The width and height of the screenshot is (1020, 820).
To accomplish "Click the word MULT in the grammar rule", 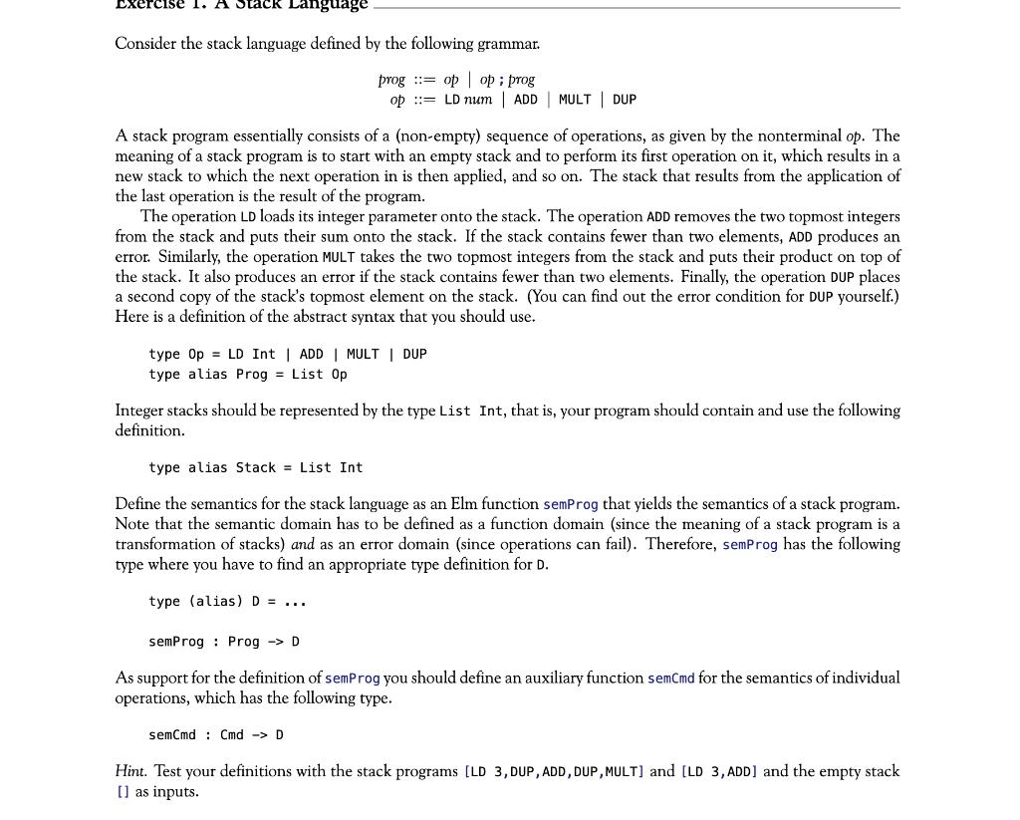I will click(x=575, y=100).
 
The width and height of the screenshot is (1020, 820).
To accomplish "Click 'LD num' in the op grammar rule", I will click(x=468, y=100).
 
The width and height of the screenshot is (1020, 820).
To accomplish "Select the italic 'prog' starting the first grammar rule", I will click(x=391, y=80).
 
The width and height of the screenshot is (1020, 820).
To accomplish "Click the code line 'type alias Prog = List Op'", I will click(x=248, y=375).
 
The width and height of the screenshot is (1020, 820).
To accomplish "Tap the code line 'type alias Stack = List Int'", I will click(x=255, y=467).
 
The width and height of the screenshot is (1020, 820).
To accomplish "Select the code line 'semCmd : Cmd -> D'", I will click(x=216, y=735).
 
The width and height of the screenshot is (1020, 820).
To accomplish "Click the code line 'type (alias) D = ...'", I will click(x=227, y=602).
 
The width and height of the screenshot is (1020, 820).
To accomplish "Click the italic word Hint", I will click(x=130, y=771).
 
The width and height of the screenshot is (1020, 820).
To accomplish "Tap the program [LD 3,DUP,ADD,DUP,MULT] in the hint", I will click(x=554, y=772).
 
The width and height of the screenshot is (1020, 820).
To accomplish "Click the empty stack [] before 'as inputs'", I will click(x=123, y=792).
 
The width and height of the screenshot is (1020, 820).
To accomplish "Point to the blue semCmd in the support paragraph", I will click(x=670, y=679).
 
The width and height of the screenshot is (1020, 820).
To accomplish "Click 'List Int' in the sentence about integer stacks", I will click(x=471, y=411).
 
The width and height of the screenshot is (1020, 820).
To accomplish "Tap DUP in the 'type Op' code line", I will click(x=414, y=355).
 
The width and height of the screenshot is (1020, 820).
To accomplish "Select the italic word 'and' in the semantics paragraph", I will click(x=303, y=544).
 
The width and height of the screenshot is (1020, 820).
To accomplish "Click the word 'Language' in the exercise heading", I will click(x=327, y=5).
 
